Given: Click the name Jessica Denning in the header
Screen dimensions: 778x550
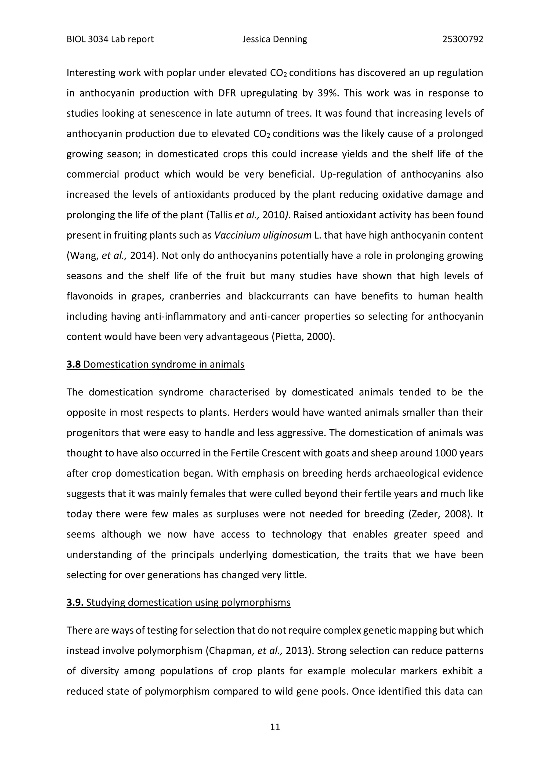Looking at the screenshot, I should [x=275, y=39].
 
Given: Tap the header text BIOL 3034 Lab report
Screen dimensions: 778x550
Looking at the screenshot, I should [x=110, y=39].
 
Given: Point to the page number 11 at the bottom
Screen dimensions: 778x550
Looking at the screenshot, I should [x=275, y=726].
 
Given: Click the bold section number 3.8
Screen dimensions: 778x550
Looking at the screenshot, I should [x=74, y=364].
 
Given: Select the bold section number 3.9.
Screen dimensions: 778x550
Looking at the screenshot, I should [x=75, y=603].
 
